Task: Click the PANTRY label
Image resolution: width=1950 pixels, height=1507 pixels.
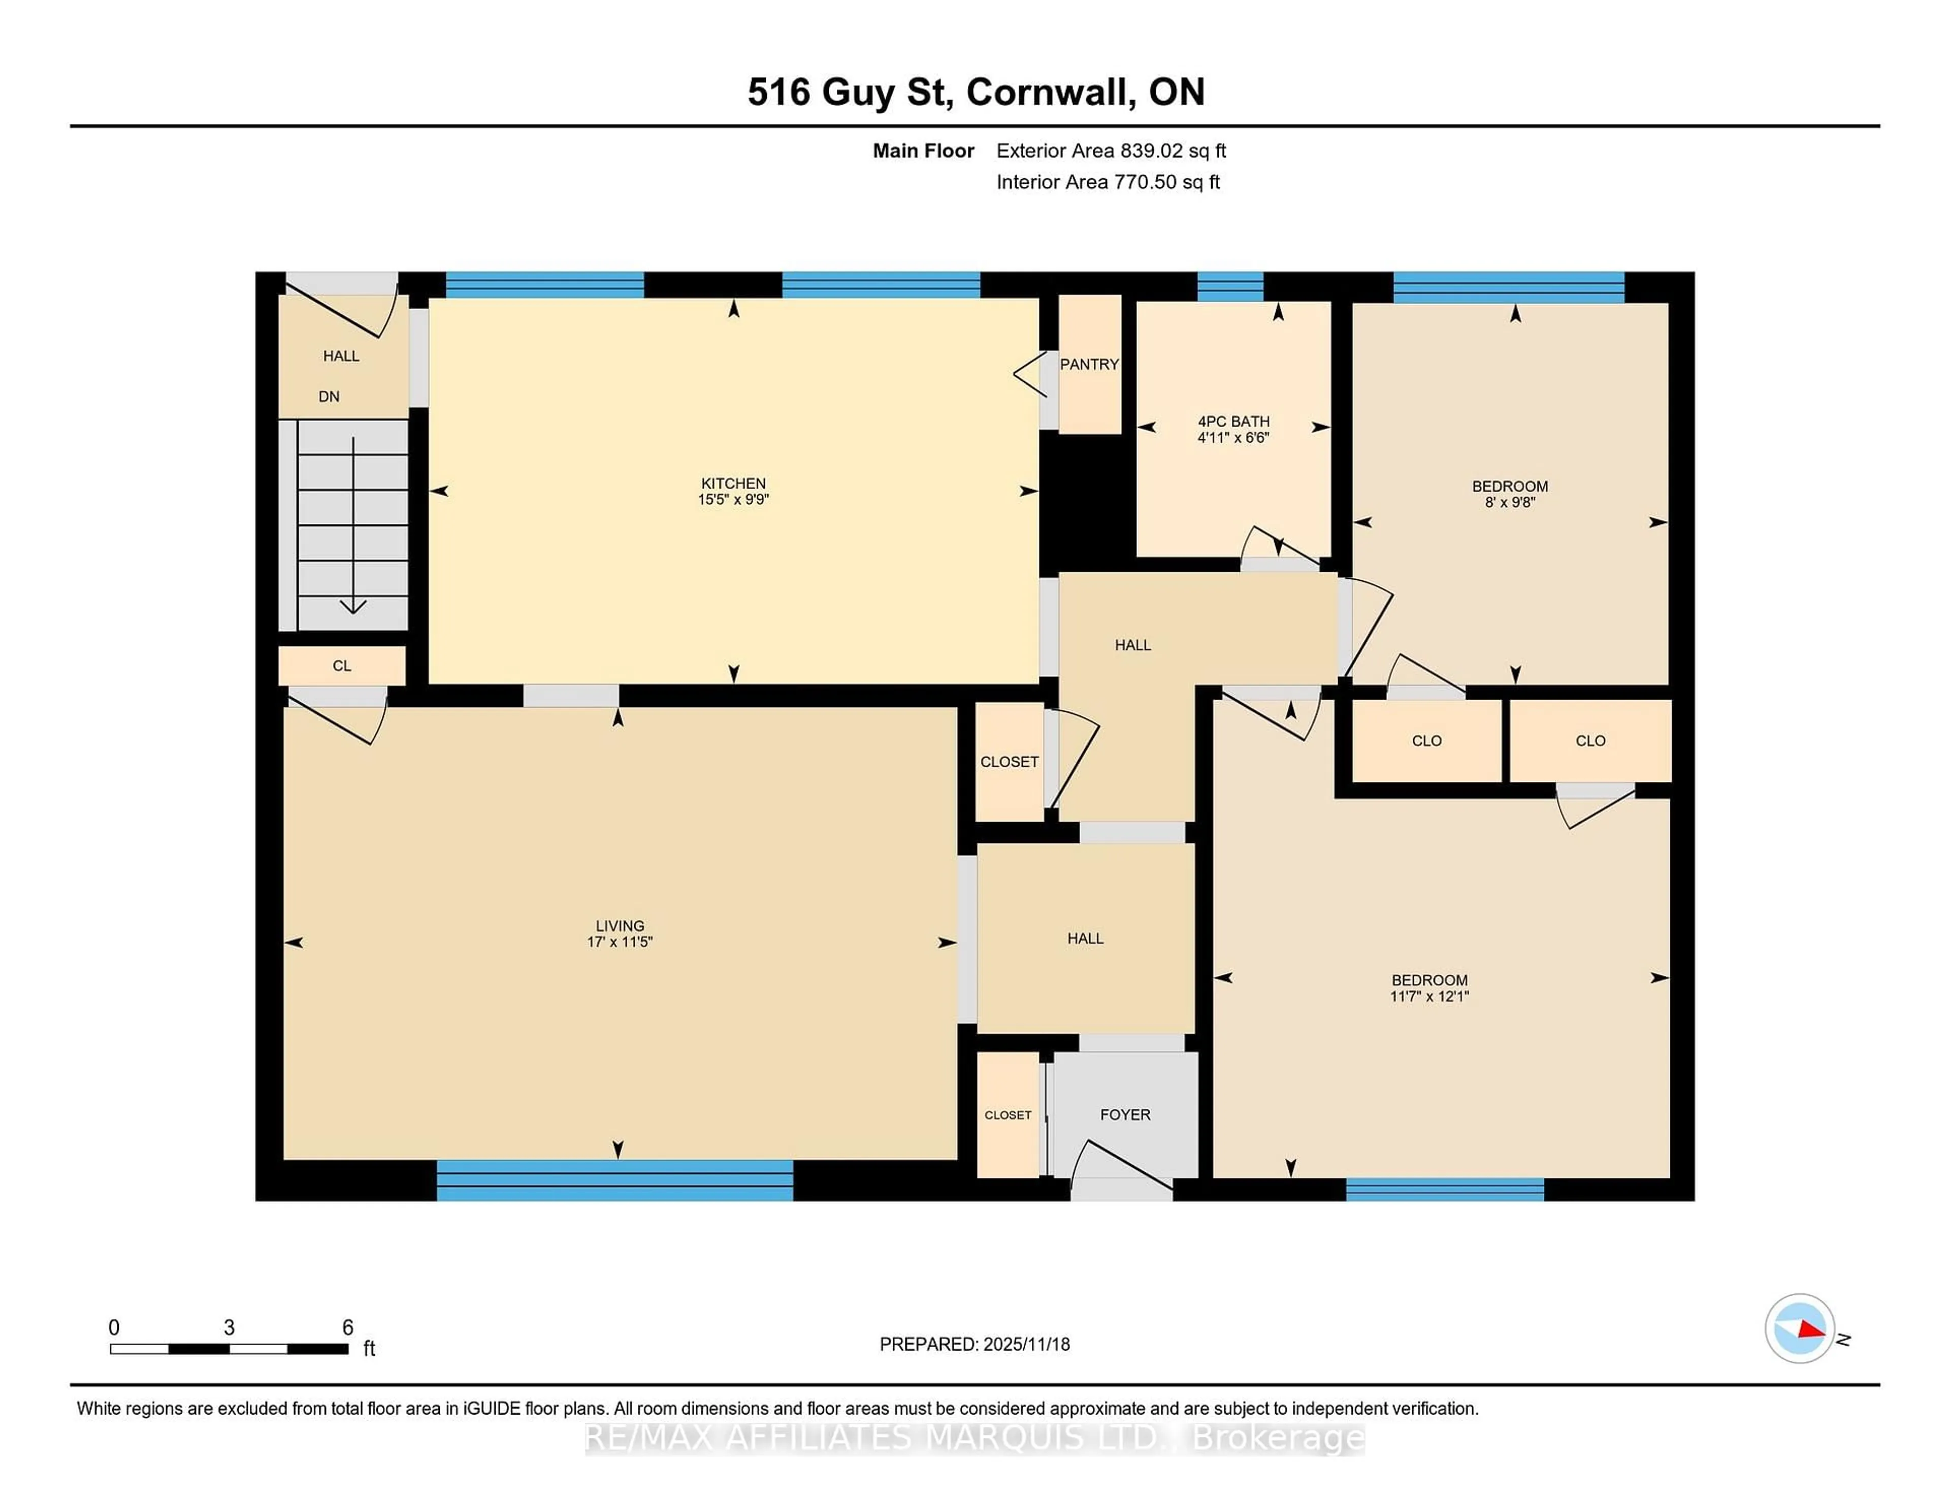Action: pos(1088,364)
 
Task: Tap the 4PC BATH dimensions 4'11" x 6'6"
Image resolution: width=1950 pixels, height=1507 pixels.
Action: pos(1233,438)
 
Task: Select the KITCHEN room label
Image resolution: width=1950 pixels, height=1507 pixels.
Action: pos(733,483)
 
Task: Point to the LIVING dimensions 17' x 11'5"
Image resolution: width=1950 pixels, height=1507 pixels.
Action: pos(620,942)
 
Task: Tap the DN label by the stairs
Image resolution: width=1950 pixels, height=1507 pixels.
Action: pos(329,397)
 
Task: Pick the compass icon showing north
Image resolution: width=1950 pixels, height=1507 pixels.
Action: pos(1799,1328)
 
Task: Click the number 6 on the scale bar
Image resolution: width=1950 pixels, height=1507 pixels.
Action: pos(347,1328)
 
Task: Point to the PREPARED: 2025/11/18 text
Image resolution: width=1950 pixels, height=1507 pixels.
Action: pos(974,1345)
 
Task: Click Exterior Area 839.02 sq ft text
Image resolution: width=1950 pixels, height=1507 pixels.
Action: pos(1111,151)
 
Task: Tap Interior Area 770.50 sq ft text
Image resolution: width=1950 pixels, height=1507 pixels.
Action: pos(1107,182)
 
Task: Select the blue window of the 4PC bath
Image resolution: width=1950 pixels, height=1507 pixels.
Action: pos(1229,286)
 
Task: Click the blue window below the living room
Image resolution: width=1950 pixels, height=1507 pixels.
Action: pos(614,1180)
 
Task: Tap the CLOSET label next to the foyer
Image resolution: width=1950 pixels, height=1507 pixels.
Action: pos(1007,1115)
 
